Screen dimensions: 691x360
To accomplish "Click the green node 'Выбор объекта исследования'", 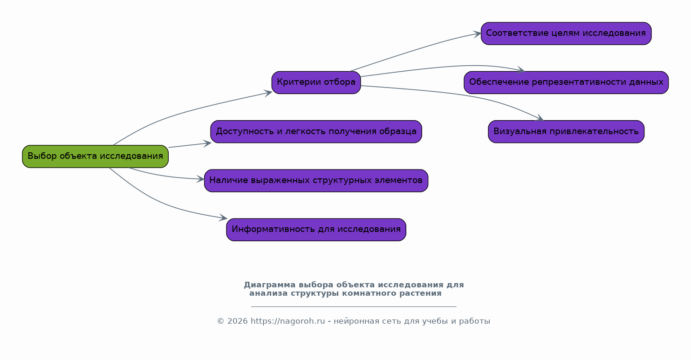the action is (x=96, y=156).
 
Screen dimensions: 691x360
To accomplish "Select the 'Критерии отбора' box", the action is (x=316, y=82).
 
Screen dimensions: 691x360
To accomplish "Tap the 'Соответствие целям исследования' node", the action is (x=566, y=33).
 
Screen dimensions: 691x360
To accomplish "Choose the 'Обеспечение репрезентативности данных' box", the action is (x=566, y=82).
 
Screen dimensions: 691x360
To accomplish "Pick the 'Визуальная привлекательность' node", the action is (x=566, y=132).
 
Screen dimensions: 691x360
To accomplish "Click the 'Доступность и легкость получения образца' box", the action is (x=316, y=132).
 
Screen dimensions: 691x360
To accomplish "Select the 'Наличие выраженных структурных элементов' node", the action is (x=316, y=181).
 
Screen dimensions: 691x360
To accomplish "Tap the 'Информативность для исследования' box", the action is (x=316, y=230).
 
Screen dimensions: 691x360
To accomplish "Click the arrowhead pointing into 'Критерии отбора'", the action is (x=268, y=93).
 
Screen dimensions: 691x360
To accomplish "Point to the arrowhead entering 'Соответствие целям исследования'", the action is (x=477, y=34).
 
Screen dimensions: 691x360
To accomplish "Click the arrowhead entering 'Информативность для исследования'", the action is (x=223, y=217).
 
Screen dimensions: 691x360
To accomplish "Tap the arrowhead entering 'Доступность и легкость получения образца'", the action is (x=207, y=143).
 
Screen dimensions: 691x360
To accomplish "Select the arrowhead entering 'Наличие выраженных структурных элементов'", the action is (x=200, y=179).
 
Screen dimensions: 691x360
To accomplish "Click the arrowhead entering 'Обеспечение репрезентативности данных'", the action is (x=521, y=70).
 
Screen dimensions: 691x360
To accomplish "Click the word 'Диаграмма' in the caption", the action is (x=270, y=285).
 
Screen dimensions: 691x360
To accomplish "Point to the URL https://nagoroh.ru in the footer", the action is (x=288, y=321).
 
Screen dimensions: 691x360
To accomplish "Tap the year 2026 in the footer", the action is (x=238, y=321).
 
